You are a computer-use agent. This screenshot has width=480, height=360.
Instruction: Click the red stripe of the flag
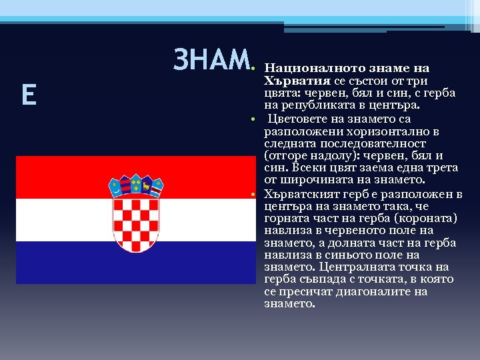[67, 177]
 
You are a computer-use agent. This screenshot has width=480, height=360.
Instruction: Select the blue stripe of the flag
[67, 263]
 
